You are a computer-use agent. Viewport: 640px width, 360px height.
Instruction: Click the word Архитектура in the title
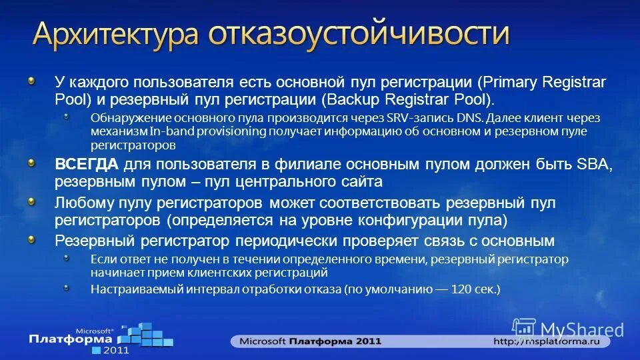click(116, 35)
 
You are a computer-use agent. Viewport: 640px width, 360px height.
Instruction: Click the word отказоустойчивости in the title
click(359, 35)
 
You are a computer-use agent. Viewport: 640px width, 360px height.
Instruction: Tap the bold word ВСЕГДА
click(87, 165)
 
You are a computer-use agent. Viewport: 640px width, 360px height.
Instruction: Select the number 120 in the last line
click(462, 289)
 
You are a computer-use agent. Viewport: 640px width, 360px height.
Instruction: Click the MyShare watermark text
click(581, 329)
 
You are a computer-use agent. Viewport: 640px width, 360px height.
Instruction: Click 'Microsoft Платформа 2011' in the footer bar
click(311, 341)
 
